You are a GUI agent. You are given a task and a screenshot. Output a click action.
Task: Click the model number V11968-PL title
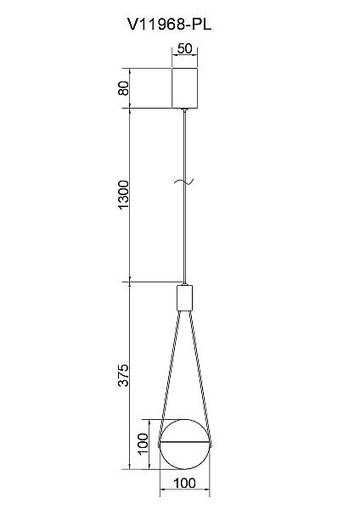tap(169, 24)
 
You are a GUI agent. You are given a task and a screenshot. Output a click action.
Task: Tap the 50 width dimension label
tap(184, 48)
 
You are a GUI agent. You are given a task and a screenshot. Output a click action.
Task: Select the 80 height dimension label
tap(123, 88)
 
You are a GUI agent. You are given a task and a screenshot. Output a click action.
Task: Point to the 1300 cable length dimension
tap(123, 195)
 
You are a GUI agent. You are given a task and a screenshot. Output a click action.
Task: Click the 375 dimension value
tap(123, 375)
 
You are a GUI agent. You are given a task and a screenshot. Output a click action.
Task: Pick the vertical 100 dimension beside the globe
tap(143, 444)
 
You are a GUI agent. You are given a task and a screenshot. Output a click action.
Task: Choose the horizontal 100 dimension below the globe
tap(184, 484)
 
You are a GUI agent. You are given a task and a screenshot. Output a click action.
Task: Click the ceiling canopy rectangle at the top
tap(184, 88)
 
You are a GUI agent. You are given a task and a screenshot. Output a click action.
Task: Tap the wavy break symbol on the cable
tap(184, 182)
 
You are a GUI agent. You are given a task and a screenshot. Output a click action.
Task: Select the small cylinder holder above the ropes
tap(184, 298)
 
